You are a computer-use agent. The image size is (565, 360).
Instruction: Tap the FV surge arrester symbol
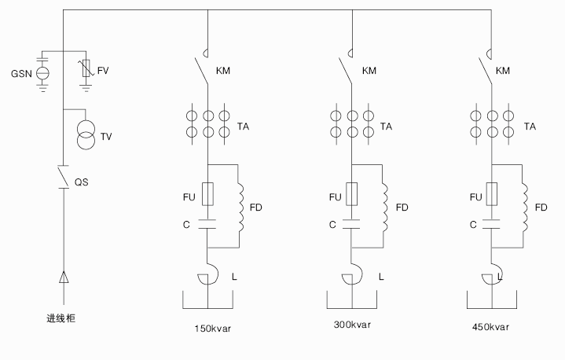[87, 72]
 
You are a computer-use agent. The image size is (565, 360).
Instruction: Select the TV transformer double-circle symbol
[83, 135]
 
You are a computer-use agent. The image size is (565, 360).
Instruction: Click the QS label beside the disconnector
[80, 182]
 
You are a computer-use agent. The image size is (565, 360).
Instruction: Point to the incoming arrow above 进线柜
[62, 277]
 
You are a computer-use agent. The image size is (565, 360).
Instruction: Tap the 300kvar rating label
[352, 324]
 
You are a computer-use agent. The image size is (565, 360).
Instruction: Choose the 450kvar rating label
[490, 327]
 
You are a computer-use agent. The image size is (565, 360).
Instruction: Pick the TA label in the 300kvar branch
[387, 126]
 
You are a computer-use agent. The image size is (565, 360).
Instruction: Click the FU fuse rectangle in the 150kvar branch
[207, 194]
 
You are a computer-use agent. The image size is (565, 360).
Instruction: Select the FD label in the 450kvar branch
[541, 208]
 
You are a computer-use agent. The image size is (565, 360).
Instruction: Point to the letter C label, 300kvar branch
[332, 225]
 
